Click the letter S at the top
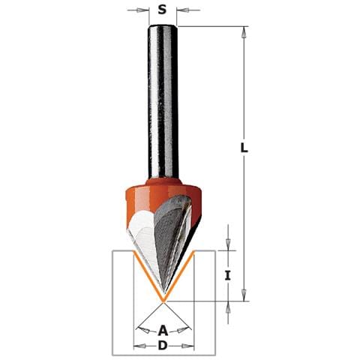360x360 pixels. (162, 10)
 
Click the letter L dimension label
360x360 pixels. (244, 147)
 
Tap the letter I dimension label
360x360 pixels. (227, 276)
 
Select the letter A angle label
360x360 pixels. (163, 331)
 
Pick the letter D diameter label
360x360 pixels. (163, 346)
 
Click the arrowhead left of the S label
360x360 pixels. (142, 10)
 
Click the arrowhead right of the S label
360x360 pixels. (183, 10)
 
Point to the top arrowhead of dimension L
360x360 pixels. (244, 32)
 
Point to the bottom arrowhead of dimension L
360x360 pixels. (244, 295)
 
